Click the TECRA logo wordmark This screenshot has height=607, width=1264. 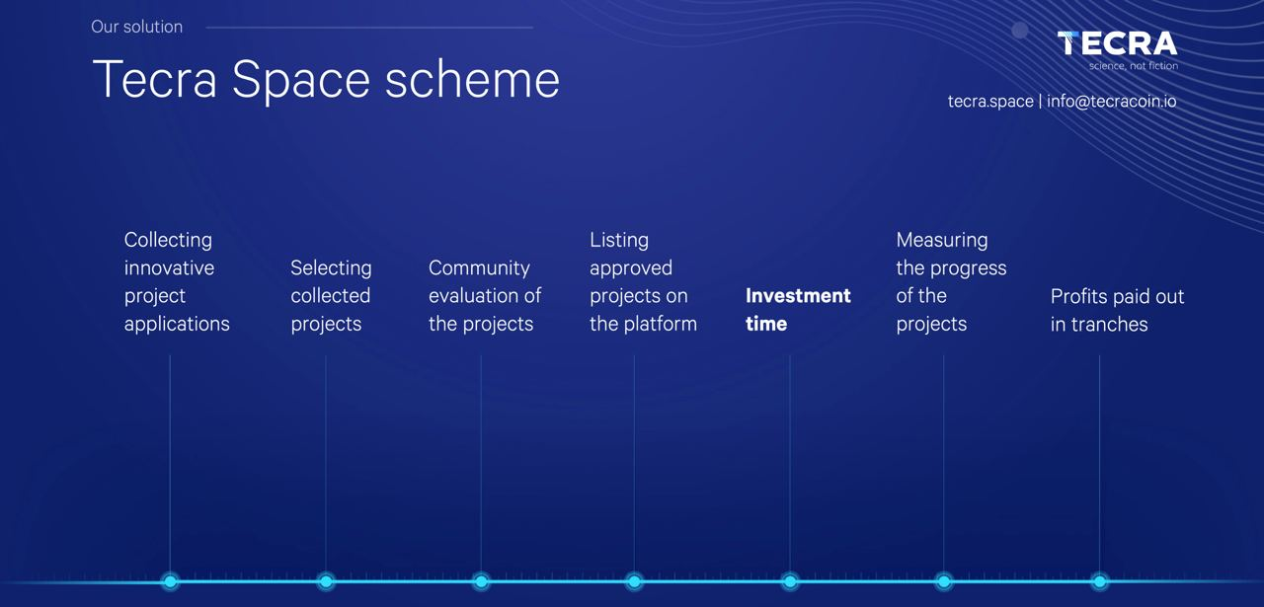1117,43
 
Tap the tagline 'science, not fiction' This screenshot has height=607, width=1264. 1133,66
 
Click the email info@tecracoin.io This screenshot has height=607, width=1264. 1112,101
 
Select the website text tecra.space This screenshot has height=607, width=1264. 990,102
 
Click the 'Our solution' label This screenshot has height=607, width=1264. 136,27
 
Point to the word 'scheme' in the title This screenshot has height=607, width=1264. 472,80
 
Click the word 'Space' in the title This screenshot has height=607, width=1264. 301,81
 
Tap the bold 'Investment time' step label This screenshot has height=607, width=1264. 798,310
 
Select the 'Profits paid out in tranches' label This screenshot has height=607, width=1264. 1117,310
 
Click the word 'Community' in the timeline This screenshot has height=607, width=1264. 479,267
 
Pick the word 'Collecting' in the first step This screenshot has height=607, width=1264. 168,240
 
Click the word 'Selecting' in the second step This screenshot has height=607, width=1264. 331,267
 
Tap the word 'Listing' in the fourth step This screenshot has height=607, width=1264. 619,240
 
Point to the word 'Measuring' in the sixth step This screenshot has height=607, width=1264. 942,240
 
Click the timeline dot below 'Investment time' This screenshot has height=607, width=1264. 790,581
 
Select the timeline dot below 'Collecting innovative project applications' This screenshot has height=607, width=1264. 170,581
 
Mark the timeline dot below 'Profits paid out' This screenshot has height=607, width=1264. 1100,581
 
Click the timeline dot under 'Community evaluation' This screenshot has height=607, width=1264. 481,581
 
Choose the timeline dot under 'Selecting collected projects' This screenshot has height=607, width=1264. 326,581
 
